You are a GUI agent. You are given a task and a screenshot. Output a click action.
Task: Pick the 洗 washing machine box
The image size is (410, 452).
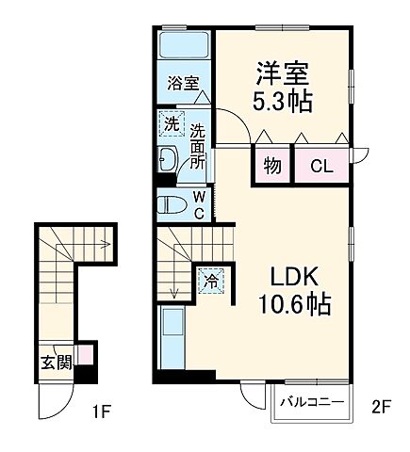(171, 123)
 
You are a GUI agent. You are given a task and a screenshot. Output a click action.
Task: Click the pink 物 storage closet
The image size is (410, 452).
(271, 167)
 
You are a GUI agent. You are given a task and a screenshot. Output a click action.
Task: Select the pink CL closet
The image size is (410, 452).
(320, 167)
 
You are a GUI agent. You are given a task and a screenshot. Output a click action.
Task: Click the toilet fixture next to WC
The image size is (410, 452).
(174, 203)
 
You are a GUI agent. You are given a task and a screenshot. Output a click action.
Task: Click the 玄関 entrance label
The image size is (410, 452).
(55, 363)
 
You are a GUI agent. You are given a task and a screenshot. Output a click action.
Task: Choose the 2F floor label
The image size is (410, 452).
(380, 408)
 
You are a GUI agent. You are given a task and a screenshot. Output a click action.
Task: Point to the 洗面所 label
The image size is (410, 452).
(198, 145)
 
